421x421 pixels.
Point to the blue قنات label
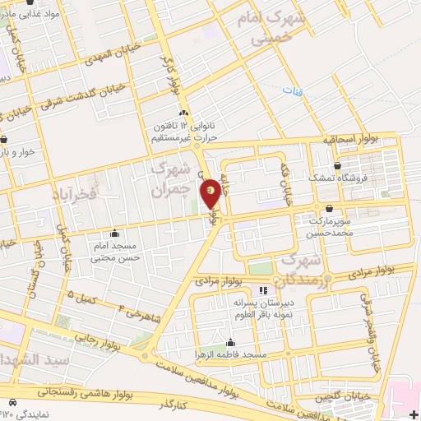(x=289, y=90)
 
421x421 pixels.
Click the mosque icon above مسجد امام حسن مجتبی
(x=114, y=234)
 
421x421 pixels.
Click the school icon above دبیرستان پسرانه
(x=263, y=291)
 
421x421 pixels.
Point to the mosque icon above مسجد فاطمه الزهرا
(x=229, y=343)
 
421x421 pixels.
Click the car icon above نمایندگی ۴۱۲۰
(x=12, y=402)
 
